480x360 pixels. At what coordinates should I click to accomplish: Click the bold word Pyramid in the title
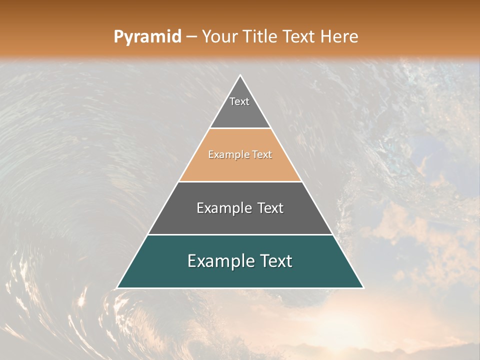147,37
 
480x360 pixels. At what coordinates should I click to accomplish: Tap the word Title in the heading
262,37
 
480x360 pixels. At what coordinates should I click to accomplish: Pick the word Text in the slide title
301,37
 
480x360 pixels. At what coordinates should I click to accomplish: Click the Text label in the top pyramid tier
239,101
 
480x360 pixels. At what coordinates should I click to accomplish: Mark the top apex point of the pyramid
240,75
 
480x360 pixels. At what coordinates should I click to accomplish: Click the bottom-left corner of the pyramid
117,288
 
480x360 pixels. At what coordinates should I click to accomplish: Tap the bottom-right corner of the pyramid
363,288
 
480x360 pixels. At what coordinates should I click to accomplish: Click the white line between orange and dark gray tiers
240,181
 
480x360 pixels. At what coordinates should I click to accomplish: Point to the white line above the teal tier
240,234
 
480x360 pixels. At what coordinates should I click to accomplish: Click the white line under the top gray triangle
240,128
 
